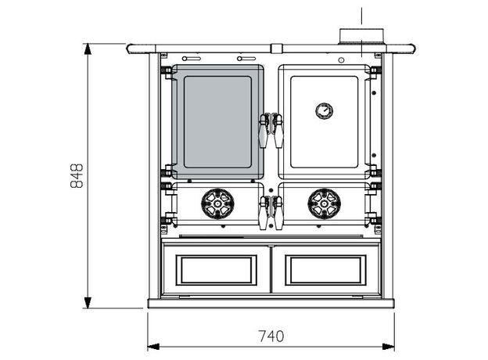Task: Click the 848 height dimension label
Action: coord(77,176)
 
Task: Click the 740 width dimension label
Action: coord(271,337)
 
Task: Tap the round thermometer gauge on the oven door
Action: coord(325,111)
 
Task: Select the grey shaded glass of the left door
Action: coord(217,122)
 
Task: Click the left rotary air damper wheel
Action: coord(217,203)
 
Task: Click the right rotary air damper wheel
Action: coord(325,203)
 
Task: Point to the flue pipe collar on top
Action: coord(361,37)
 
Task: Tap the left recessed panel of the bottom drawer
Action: coord(217,270)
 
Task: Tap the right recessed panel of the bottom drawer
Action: coord(325,270)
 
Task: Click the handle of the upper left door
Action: coord(264,131)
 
